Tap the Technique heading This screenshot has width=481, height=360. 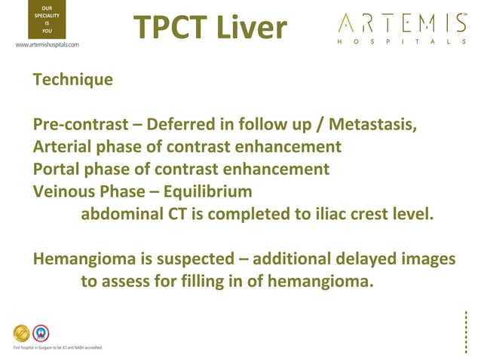(73, 78)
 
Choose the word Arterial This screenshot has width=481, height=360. (65, 145)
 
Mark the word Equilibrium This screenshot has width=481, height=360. (206, 190)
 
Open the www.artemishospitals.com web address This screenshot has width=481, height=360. (47, 44)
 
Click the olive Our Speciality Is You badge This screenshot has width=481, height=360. (42, 20)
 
